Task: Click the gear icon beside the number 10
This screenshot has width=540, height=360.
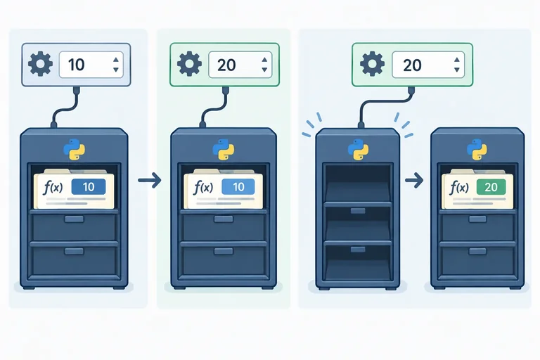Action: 40,64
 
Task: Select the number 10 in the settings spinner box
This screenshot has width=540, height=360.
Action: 76,65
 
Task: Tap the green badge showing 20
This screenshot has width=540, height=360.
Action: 491,187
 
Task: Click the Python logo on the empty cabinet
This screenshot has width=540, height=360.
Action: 358,150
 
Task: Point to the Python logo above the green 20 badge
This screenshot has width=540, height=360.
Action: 477,150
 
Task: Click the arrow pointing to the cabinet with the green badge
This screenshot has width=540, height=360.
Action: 414,180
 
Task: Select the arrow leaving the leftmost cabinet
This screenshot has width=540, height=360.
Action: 150,180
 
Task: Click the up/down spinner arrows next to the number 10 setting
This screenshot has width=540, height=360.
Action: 116,65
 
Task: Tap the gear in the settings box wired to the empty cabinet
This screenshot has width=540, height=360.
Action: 372,64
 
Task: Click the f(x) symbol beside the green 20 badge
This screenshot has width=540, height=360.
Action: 459,188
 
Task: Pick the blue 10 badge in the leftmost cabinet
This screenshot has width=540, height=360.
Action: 89,187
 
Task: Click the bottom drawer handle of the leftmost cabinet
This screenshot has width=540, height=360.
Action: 74,251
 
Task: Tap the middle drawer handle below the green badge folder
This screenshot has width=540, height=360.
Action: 477,219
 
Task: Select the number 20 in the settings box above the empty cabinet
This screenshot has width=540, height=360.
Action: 412,65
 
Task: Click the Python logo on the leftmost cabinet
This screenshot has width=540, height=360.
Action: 74,150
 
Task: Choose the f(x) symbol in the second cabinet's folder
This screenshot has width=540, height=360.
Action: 203,188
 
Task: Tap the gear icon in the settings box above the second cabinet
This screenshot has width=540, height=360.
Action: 189,64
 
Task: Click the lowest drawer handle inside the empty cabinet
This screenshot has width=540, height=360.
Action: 358,250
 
